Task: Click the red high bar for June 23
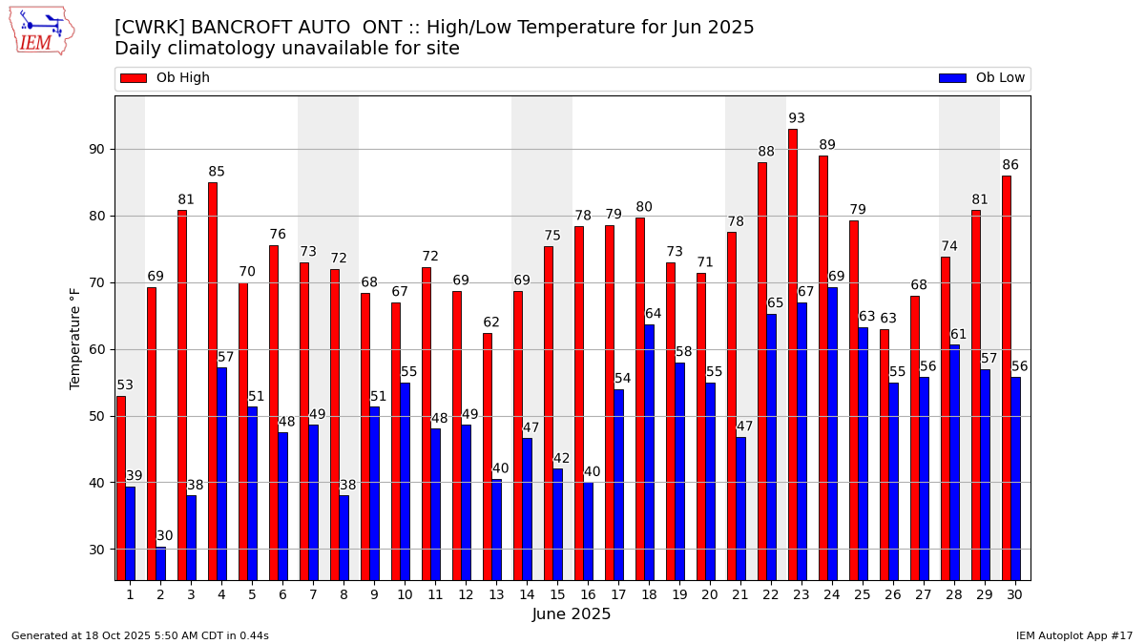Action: click(793, 354)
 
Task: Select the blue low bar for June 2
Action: click(160, 563)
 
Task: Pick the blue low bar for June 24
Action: click(832, 433)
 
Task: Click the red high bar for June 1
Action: click(121, 488)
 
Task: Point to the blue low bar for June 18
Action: click(649, 452)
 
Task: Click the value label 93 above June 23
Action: click(797, 119)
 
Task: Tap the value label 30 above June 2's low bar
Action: click(165, 536)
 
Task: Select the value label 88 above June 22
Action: click(766, 153)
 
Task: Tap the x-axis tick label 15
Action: click(557, 594)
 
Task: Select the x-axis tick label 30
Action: click(1014, 594)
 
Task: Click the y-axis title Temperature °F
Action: click(76, 338)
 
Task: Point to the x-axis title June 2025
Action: click(572, 614)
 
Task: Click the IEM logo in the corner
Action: click(41, 31)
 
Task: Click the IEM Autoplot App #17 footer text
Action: click(1073, 635)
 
